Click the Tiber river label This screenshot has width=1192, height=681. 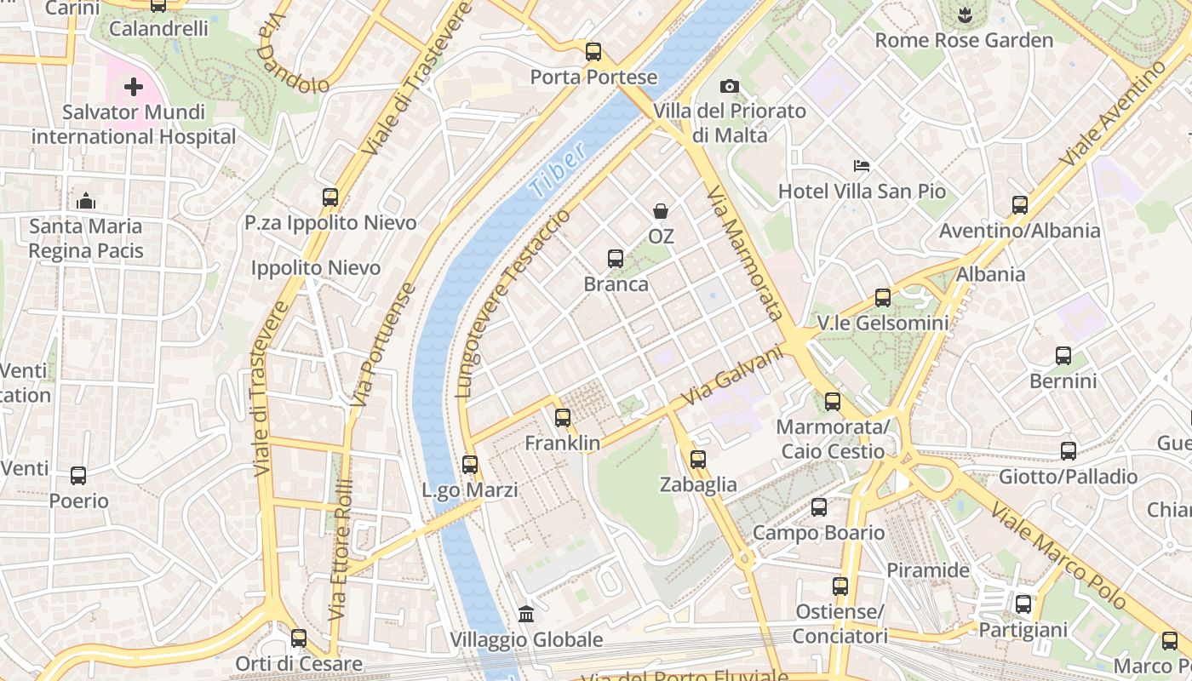tap(557, 170)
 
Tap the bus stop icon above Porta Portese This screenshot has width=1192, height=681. tap(593, 52)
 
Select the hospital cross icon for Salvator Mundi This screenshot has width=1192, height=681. tap(134, 87)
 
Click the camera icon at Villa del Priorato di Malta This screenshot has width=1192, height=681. tap(730, 86)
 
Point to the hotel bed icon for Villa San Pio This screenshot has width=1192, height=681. tap(862, 166)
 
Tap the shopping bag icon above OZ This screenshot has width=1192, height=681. tap(661, 211)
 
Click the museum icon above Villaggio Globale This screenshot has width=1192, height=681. tap(526, 615)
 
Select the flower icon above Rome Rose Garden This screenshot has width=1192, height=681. tap(964, 14)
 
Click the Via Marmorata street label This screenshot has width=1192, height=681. tap(745, 253)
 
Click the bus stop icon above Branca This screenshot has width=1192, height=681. tap(616, 259)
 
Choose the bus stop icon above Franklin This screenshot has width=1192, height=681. tap(562, 418)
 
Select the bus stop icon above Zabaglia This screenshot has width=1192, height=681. tap(698, 460)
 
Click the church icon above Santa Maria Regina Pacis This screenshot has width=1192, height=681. tap(85, 202)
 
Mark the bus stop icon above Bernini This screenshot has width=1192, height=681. tap(1063, 356)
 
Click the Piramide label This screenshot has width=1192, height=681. tap(928, 570)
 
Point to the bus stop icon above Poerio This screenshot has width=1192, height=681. tap(78, 476)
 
